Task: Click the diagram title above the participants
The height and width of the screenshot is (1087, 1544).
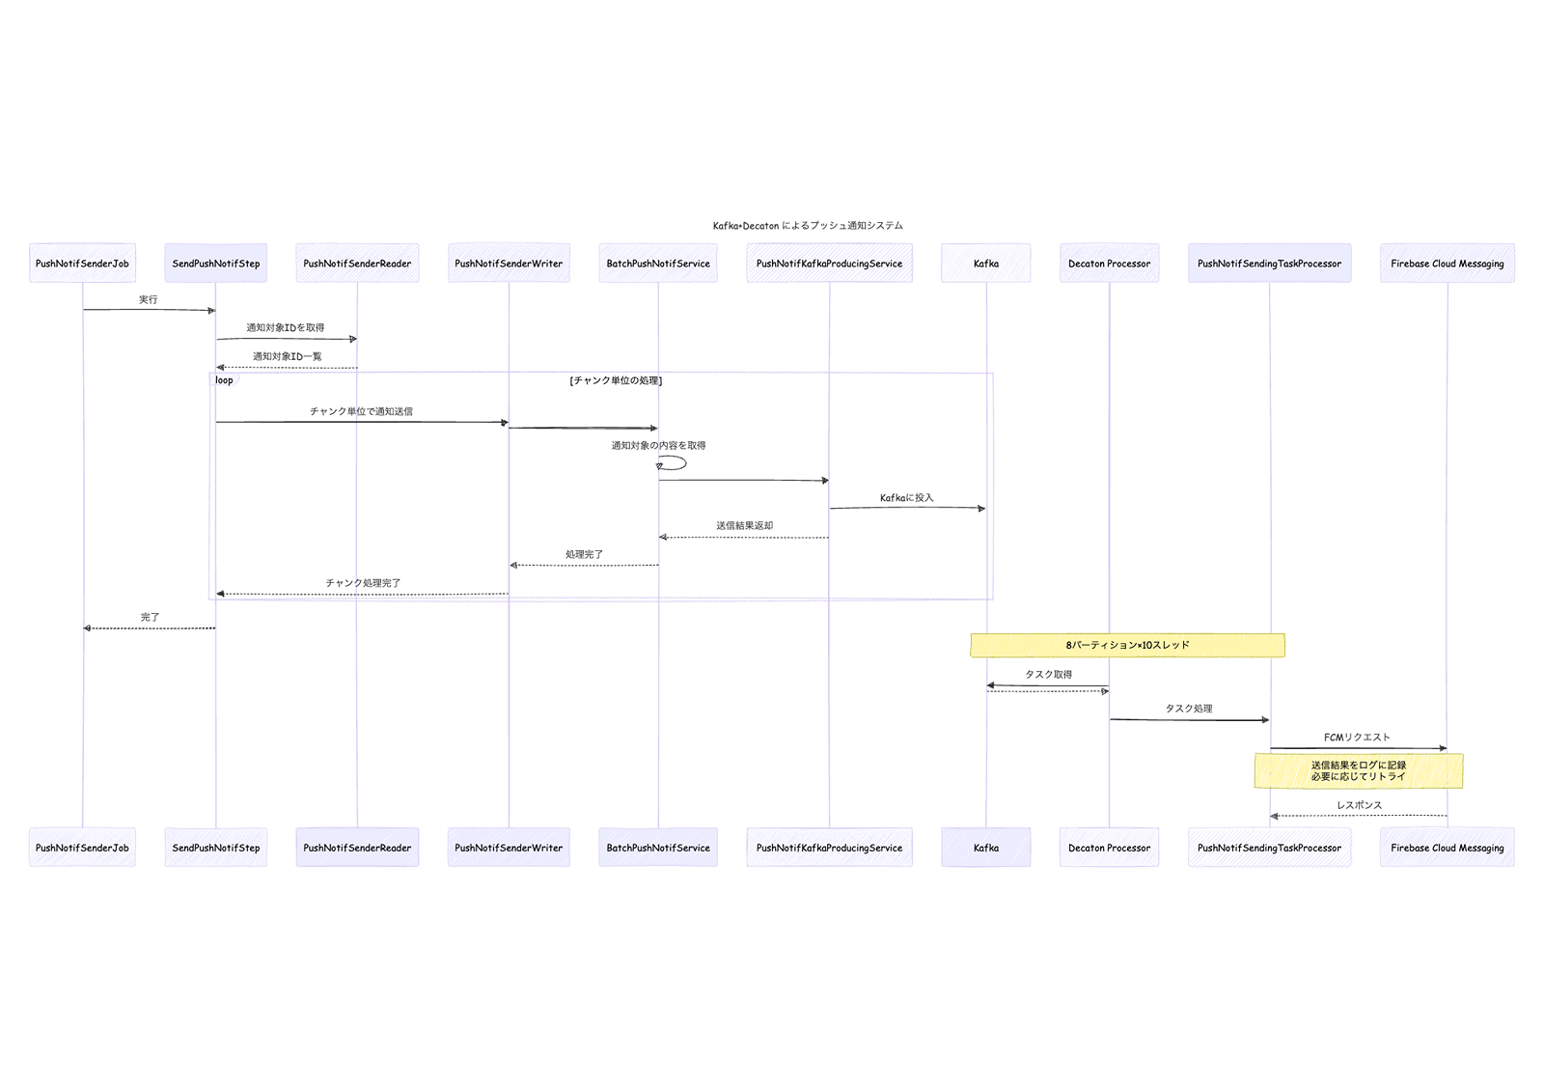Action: click(808, 226)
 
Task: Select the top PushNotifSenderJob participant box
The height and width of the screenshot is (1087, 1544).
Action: click(82, 264)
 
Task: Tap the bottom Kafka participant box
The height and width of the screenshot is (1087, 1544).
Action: click(985, 848)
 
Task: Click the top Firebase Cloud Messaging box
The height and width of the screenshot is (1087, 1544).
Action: click(1447, 264)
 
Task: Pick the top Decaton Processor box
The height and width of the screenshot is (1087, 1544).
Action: click(1109, 264)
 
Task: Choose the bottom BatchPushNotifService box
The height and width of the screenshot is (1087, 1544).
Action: click(658, 848)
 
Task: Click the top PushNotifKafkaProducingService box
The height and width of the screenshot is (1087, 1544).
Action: click(829, 264)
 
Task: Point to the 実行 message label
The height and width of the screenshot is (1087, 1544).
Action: click(148, 300)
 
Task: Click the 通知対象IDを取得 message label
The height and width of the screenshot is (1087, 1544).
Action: click(285, 328)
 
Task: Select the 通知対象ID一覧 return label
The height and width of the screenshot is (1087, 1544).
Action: click(287, 357)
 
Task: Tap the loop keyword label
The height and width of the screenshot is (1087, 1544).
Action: click(224, 380)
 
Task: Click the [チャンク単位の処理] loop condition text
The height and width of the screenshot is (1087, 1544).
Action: click(616, 381)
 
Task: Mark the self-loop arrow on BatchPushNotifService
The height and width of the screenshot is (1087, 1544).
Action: click(675, 463)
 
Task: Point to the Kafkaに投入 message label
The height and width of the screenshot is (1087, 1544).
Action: click(906, 498)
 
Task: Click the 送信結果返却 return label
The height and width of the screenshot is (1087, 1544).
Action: click(744, 526)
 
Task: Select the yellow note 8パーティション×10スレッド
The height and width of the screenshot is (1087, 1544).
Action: click(1127, 645)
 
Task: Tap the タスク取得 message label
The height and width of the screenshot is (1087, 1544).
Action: click(1048, 675)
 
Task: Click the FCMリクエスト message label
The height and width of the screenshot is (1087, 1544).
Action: click(1357, 738)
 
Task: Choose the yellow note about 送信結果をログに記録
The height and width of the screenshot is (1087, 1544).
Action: click(1358, 770)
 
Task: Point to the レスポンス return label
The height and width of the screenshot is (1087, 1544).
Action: click(1359, 805)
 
